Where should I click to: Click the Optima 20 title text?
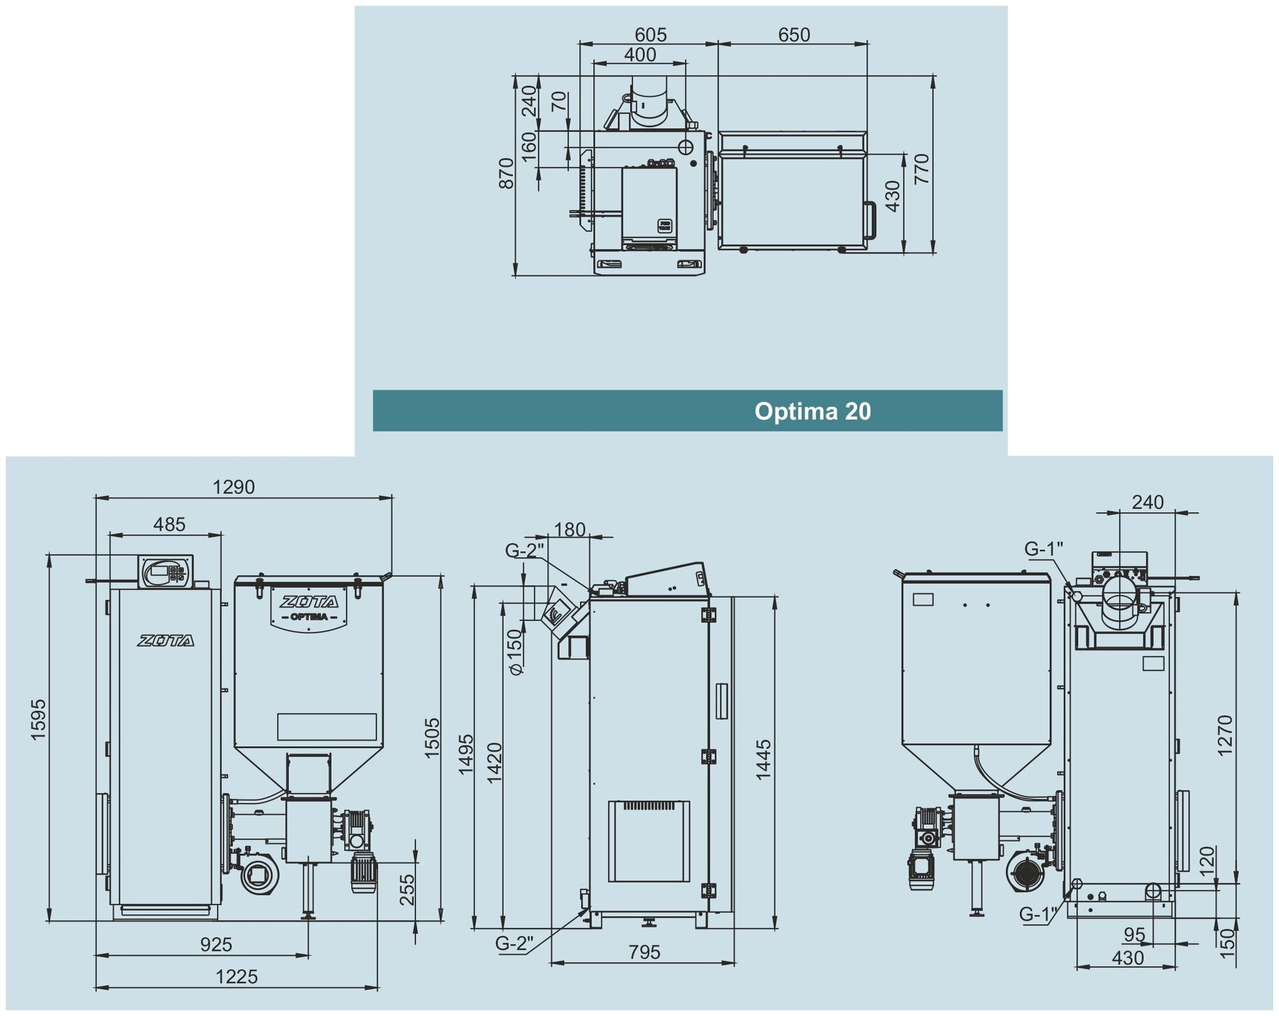812,411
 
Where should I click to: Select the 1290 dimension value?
233,487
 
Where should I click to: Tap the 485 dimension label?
169,524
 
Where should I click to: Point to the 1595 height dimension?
38,719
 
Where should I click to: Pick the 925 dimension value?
216,944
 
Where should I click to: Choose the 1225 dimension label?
236,977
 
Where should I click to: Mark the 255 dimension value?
407,889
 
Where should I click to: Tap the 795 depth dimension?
644,952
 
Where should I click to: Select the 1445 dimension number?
764,760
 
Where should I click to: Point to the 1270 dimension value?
1224,735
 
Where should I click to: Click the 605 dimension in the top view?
650,35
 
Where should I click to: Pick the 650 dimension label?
794,35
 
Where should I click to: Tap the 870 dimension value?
506,173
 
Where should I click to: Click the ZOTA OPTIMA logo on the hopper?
310,608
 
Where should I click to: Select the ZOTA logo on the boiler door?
166,641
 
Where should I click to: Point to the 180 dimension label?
569,529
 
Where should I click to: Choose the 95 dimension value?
1134,935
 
